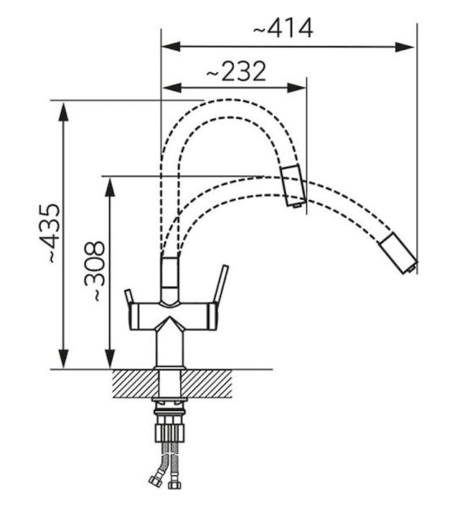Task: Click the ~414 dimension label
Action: (282, 28)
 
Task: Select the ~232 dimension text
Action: (236, 71)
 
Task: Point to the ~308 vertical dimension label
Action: (94, 271)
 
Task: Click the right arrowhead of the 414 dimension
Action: (404, 47)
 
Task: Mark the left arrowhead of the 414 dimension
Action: (171, 47)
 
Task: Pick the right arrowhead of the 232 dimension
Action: (297, 87)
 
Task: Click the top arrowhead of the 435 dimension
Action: (63, 112)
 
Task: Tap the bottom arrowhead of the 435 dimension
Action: (63, 359)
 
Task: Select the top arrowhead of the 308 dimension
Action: (110, 186)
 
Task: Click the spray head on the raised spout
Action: (293, 185)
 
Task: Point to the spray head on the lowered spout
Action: (399, 253)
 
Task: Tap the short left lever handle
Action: (129, 297)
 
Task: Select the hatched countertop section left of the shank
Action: (136, 384)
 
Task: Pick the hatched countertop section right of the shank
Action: (206, 384)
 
